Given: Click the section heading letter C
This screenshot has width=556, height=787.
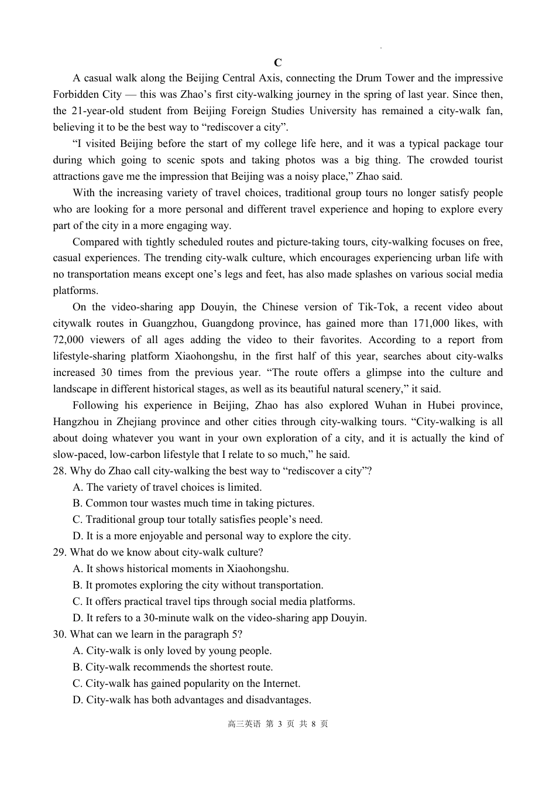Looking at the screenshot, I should point(277,63).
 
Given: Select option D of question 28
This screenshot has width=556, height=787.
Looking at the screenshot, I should point(211,536).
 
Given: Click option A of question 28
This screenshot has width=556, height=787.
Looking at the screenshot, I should point(167,487).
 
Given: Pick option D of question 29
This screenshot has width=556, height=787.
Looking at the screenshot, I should point(219,618).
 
